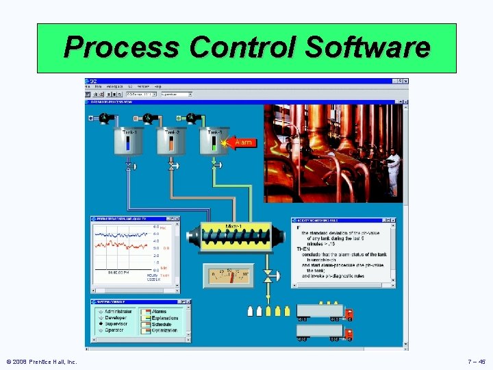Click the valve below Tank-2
pos(173,166)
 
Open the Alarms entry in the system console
pos(159,312)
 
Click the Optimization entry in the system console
pos(164,330)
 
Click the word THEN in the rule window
pos(303,249)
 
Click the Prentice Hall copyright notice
pos(42,361)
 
